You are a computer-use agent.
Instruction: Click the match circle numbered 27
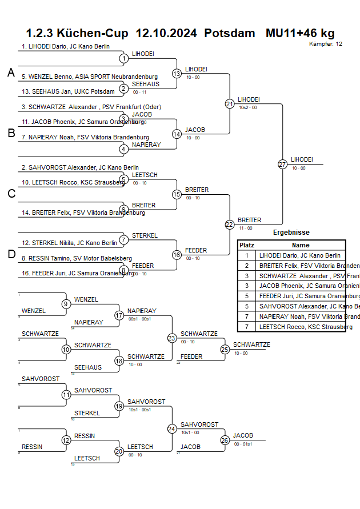click(282, 164)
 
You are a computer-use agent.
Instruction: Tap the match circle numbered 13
click(177, 74)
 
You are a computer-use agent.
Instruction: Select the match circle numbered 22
click(230, 225)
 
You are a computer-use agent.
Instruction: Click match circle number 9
click(66, 303)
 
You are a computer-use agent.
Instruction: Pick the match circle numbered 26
click(225, 440)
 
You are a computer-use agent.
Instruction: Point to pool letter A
click(11, 73)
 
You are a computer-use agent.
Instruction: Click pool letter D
click(11, 255)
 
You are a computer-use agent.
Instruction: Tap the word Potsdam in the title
click(230, 33)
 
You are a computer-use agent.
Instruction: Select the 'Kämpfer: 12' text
click(326, 44)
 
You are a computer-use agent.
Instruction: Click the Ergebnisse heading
click(291, 233)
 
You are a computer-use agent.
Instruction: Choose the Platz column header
click(247, 245)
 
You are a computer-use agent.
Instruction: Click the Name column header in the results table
click(301, 245)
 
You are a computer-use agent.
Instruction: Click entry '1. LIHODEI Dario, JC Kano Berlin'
click(66, 46)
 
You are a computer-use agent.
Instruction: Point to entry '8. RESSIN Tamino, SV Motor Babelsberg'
click(77, 258)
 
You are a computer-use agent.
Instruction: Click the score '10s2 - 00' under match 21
click(248, 107)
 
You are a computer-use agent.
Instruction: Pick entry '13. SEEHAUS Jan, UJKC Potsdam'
click(61, 91)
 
